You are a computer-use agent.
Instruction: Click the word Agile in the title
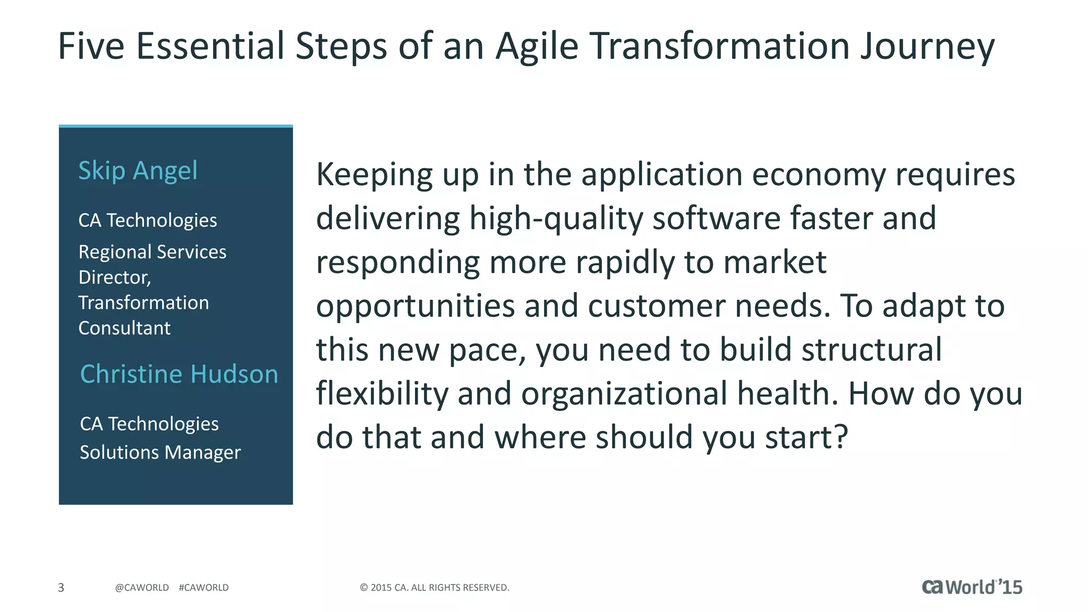[537, 47]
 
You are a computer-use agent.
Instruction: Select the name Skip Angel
[138, 171]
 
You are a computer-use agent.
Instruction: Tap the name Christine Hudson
[179, 374]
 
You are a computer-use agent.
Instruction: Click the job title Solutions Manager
[160, 452]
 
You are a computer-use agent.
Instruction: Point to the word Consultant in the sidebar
[124, 328]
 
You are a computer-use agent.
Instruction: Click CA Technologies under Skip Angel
[147, 220]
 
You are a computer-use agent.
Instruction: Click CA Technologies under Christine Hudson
[149, 424]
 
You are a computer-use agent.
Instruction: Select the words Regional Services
[152, 252]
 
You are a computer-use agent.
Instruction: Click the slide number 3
[61, 588]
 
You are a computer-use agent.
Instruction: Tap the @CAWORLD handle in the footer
[142, 588]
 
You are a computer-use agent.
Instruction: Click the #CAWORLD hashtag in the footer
[203, 588]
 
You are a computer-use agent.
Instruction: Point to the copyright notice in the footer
[434, 588]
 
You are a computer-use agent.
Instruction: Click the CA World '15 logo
[971, 586]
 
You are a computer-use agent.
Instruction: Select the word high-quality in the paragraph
[556, 219]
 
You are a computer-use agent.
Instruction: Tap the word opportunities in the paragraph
[415, 307]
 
